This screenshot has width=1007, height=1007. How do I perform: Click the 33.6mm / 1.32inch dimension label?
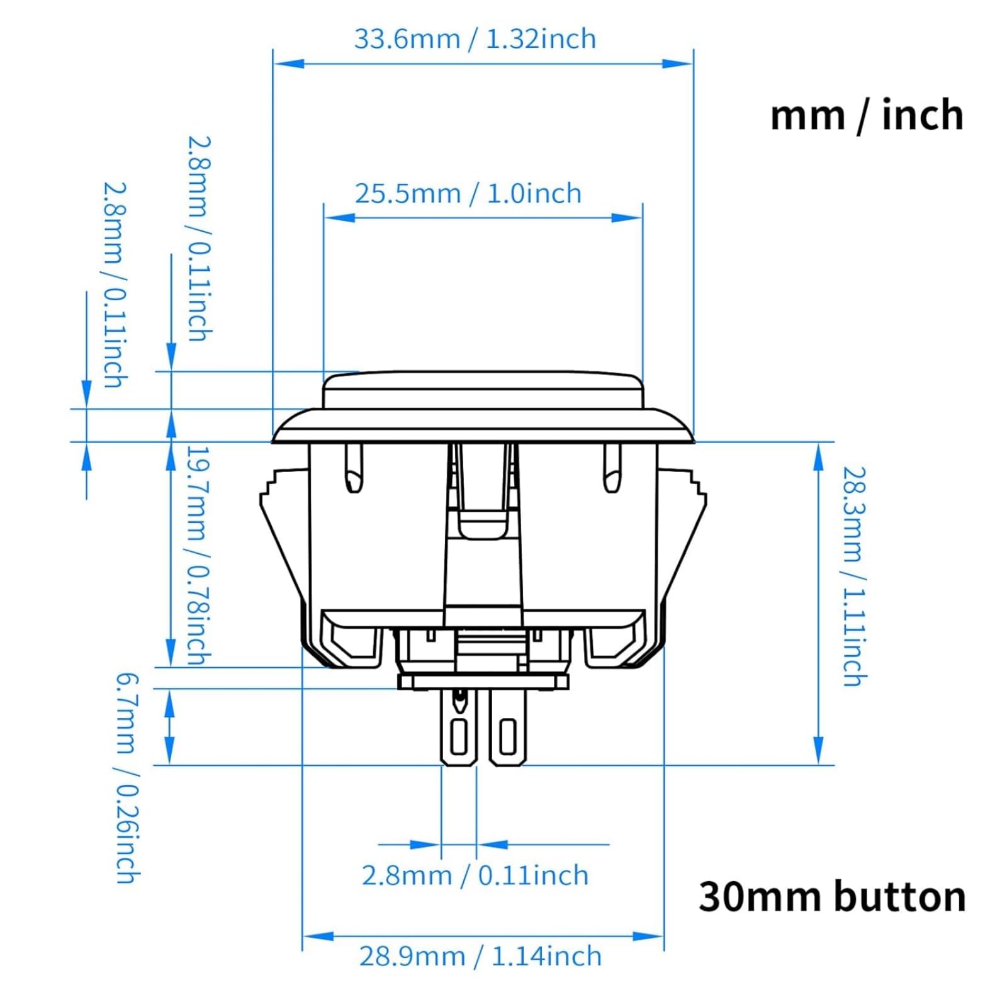pyautogui.click(x=475, y=39)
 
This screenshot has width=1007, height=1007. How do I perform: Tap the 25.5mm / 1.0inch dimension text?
pyautogui.click(x=468, y=193)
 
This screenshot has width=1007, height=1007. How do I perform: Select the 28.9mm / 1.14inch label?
pyautogui.click(x=480, y=956)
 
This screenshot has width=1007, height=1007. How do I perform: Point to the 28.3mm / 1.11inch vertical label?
pyautogui.click(x=855, y=576)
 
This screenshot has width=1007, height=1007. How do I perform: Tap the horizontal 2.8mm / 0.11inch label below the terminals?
pyautogui.click(x=475, y=875)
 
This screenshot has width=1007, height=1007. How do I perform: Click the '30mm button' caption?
pyautogui.click(x=832, y=897)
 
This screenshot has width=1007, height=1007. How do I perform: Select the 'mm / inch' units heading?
pyautogui.click(x=867, y=115)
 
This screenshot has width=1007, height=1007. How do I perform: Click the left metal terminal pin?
pyautogui.click(x=459, y=728)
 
